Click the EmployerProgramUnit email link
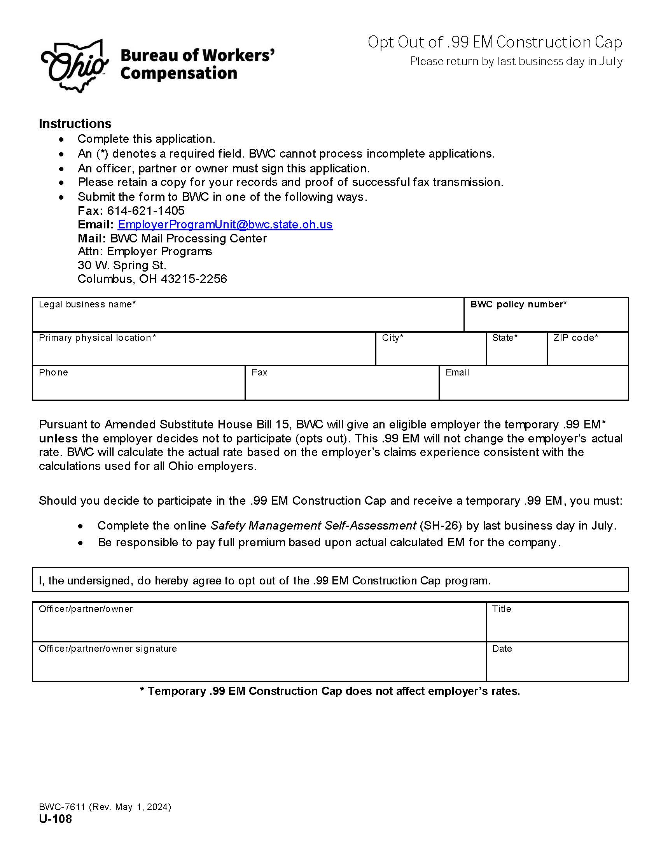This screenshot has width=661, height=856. tap(225, 225)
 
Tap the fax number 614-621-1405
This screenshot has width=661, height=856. tap(146, 211)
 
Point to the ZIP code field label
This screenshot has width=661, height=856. tap(575, 338)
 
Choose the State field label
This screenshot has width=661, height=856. tap(505, 338)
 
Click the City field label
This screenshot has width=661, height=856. tap(392, 338)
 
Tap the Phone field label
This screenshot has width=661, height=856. tap(53, 372)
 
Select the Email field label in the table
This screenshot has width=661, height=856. tap(457, 372)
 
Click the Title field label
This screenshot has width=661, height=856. tap(502, 609)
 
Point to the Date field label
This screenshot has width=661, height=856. tap(502, 649)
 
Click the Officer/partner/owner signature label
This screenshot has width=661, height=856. tap(108, 649)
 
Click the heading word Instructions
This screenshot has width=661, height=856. tap(75, 124)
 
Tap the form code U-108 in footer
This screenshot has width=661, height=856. tap(55, 819)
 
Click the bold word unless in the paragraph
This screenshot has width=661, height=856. tap(58, 439)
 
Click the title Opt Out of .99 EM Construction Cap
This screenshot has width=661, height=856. tap(495, 42)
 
